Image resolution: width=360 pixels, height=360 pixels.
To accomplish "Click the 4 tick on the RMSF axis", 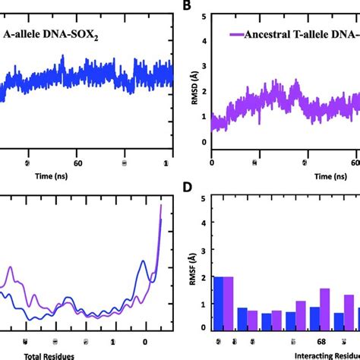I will [x=203, y=226].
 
